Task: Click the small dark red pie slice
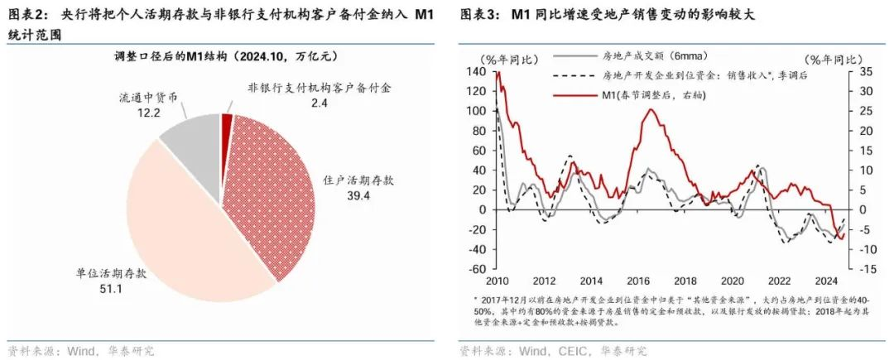click(x=226, y=122)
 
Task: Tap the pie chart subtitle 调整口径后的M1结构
click(x=223, y=56)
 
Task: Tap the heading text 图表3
click(x=477, y=16)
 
